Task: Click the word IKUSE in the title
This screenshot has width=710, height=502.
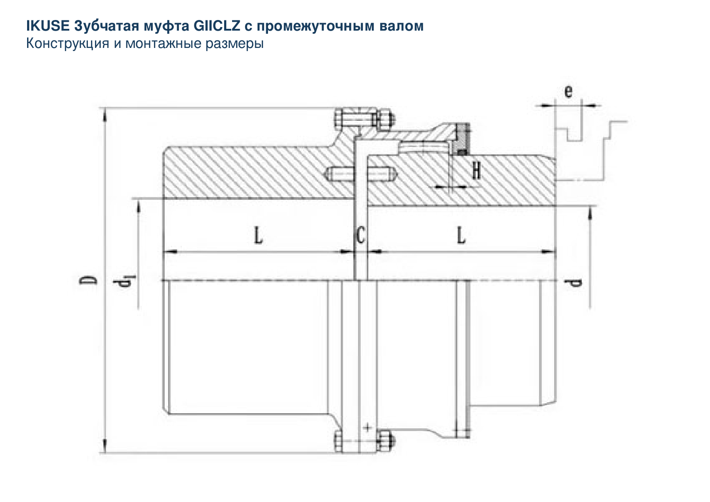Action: coord(47,26)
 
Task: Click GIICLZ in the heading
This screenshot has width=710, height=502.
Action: coord(217,26)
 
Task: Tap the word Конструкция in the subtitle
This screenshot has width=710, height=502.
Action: coord(67,43)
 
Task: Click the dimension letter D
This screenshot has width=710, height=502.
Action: coord(88,280)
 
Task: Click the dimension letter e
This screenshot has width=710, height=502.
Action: coord(568,91)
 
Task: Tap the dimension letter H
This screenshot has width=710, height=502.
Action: coord(476,170)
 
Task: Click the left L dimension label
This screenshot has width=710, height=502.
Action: coord(258,235)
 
